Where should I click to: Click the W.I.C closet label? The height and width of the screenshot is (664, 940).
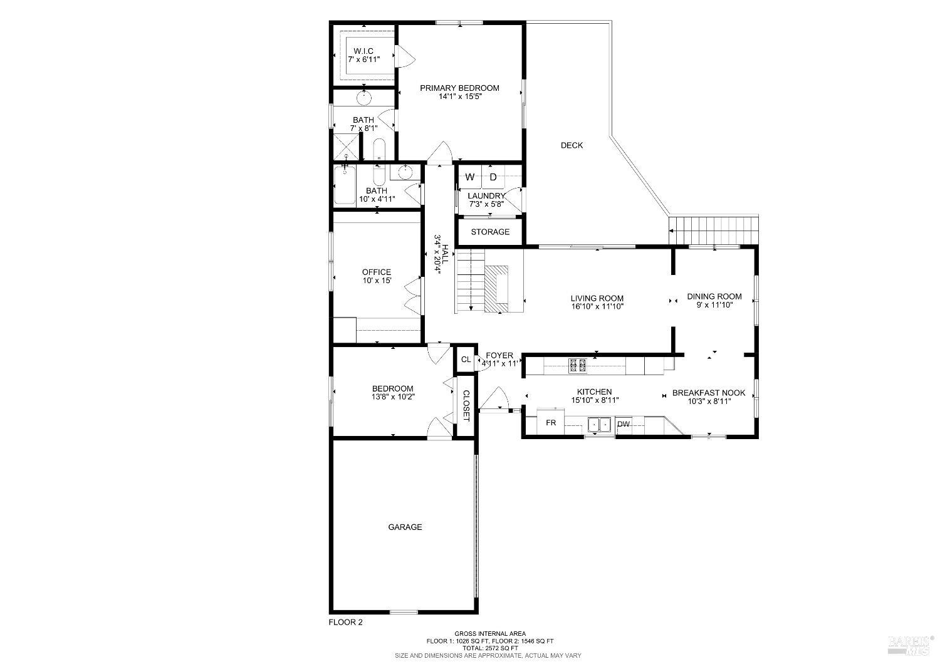pos(363,51)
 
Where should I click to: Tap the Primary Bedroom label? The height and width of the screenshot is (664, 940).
pos(459,88)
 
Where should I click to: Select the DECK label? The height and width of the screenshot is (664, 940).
pos(572,145)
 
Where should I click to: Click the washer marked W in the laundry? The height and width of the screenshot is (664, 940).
pos(469,177)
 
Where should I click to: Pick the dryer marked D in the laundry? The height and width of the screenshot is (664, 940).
pos(493,177)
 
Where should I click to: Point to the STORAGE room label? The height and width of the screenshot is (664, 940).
pos(490,232)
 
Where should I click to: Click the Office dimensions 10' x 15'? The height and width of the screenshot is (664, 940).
pos(377,281)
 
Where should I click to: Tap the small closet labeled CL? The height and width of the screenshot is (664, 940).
pos(466,360)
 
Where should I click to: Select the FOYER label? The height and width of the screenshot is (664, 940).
pos(499,356)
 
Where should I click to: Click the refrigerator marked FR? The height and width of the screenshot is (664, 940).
pos(551,423)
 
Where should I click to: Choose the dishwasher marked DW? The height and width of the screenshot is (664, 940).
pos(623,424)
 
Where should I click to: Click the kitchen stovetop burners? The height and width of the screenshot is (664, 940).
pos(577,365)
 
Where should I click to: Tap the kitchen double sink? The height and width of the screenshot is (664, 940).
pos(600,425)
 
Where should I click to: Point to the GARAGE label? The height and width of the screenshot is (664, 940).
pos(405,527)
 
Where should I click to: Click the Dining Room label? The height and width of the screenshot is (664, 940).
pos(714,296)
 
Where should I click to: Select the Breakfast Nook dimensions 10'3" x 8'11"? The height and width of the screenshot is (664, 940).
pos(709,401)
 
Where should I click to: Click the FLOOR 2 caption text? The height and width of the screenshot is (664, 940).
pos(346,622)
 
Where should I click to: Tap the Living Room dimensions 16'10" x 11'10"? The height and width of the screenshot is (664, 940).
pos(597,307)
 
